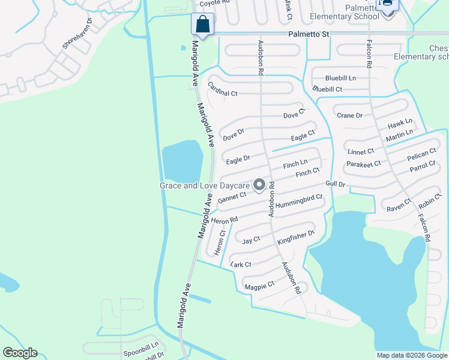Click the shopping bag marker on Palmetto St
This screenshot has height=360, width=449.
pos(203,25)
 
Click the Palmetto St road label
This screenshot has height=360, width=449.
pos(309,34)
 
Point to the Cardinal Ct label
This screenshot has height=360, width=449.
pos(223,89)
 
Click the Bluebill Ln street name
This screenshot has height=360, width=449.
pos(340,78)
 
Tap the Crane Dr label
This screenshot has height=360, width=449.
pos(349,115)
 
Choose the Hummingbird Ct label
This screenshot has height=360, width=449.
pos(300,201)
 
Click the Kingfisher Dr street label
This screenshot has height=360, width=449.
pos(296,237)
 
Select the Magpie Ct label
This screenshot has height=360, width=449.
pos(259,286)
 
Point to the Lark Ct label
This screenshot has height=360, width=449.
pos(240,263)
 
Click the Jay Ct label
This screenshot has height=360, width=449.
pos(251,240)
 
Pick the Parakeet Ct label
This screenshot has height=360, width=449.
pos(363,163)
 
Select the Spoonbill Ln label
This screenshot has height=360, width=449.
pos(141,346)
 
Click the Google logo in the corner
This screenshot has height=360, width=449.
pos(20,353)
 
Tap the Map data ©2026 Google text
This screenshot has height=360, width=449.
pos(411,355)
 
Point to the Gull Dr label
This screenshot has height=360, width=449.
pos(336,184)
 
